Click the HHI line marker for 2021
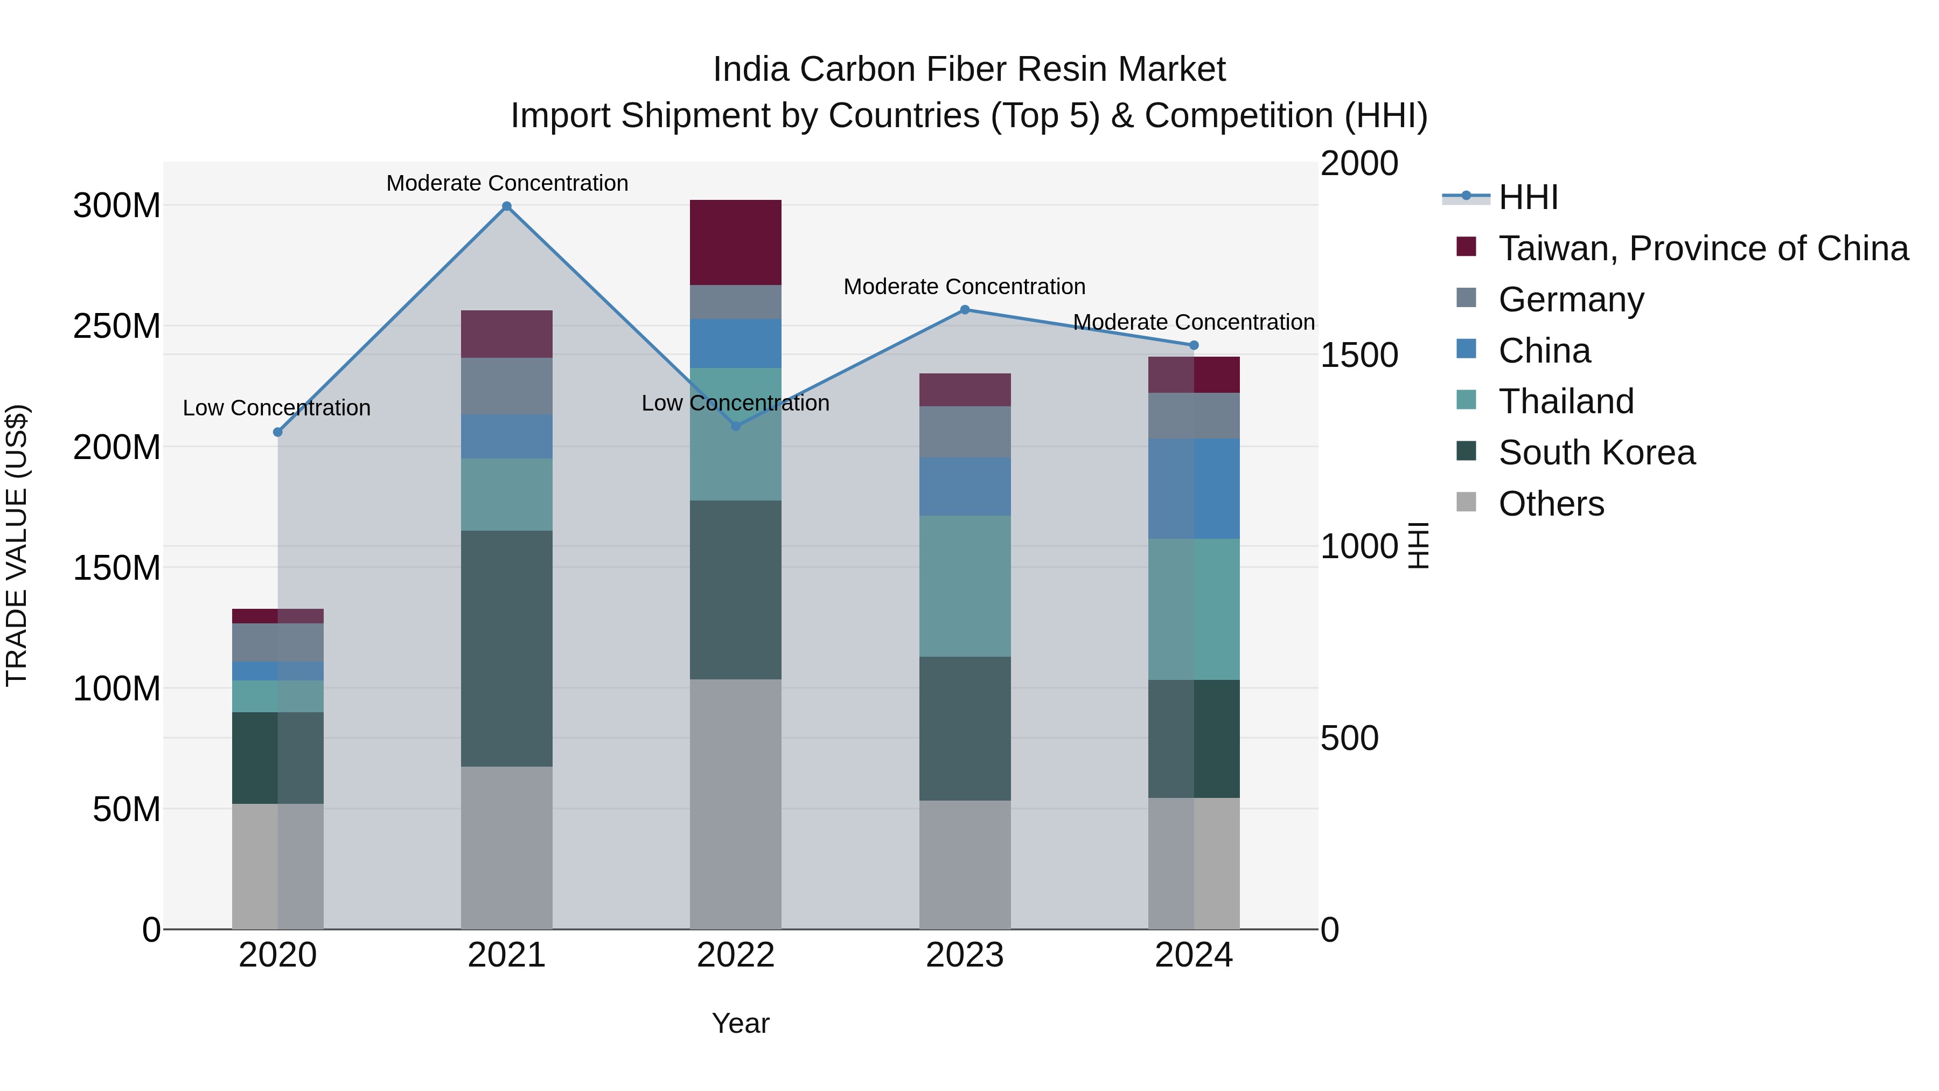[x=507, y=206]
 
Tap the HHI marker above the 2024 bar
[x=1194, y=345]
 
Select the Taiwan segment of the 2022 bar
[x=735, y=242]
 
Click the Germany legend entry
[x=1571, y=300]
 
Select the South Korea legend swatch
[x=1466, y=452]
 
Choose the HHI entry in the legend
[x=1528, y=197]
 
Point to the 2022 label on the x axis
[x=735, y=955]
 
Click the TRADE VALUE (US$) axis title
[x=17, y=545]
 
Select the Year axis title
[x=741, y=1023]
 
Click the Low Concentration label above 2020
[x=276, y=408]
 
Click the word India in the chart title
[x=750, y=70]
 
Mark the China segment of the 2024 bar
[x=1194, y=489]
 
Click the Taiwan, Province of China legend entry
[x=1703, y=248]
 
